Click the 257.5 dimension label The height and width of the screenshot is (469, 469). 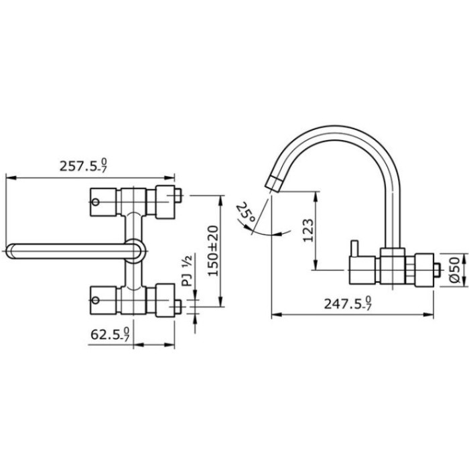pos(84,165)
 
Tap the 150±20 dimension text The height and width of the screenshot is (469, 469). pos(213,251)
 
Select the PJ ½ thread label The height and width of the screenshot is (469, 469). pos(188,271)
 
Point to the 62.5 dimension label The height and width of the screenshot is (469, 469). pos(110,334)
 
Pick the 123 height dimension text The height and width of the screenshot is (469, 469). pos(308,230)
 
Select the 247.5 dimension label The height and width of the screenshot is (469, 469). pos(348,304)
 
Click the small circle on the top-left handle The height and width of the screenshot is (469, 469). pos(95,202)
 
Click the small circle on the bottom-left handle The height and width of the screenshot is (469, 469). pos(95,300)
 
